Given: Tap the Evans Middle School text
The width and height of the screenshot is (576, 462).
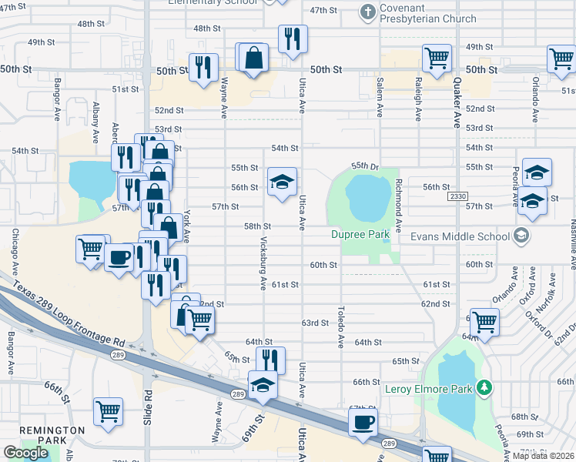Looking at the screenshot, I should [x=459, y=236].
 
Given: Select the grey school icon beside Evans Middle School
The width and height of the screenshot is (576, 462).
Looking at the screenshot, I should [x=521, y=236].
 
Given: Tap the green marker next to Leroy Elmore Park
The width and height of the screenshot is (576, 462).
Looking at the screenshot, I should [x=484, y=388].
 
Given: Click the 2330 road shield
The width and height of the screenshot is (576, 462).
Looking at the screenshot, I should [x=457, y=197].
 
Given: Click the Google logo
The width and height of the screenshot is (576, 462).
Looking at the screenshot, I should [x=25, y=453].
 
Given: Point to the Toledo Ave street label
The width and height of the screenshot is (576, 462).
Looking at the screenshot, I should [x=340, y=326].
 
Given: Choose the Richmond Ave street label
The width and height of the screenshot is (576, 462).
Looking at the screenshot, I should [x=399, y=207].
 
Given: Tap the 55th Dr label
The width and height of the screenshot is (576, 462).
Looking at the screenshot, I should [x=366, y=166].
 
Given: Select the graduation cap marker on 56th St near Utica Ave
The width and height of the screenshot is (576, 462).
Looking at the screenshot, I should [x=282, y=182].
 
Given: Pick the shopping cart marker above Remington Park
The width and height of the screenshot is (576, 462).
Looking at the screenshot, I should [x=109, y=410].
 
